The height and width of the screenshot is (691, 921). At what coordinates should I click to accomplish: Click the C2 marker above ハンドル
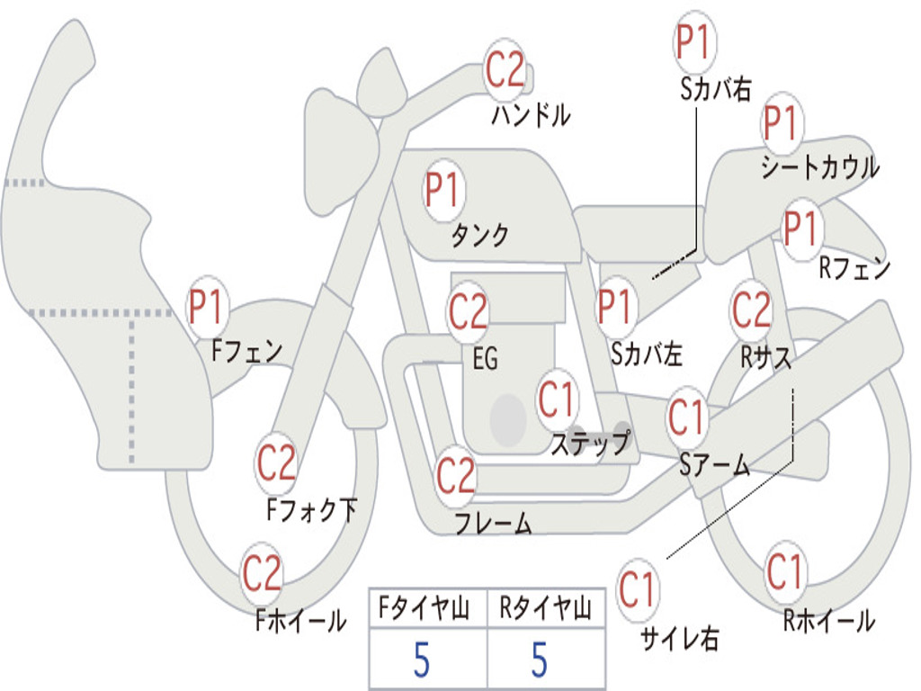tap(505, 69)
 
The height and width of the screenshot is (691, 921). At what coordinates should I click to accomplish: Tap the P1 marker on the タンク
tap(444, 191)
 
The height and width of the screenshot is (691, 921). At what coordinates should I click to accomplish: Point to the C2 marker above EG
tap(468, 310)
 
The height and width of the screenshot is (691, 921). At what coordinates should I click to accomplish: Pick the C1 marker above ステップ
tap(558, 399)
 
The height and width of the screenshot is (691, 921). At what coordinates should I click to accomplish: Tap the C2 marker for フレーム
tap(456, 475)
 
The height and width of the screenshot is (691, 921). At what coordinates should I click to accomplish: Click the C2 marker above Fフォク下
tap(277, 462)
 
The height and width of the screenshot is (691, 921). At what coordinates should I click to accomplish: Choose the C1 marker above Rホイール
tap(785, 571)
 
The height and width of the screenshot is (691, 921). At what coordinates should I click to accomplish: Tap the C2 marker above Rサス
tap(751, 310)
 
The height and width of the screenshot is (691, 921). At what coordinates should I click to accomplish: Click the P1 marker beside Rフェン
tap(802, 228)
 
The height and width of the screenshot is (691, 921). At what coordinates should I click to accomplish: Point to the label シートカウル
tap(820, 166)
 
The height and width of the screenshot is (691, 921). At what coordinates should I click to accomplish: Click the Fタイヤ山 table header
tap(424, 607)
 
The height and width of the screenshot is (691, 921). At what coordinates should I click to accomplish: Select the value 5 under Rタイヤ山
tap(540, 660)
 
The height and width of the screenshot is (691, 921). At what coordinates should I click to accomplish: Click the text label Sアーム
tap(715, 465)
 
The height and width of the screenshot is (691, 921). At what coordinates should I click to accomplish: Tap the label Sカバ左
tap(646, 354)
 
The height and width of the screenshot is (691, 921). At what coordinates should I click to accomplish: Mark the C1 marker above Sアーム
tap(686, 417)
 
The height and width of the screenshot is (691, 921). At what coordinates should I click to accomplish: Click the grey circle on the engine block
tap(508, 419)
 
